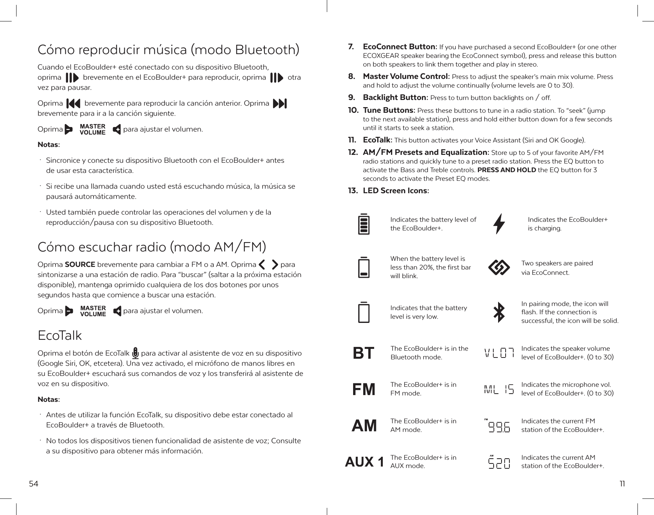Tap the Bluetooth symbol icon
tap(499, 312)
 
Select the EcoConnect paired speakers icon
tap(498, 268)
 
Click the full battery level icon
tap(363, 224)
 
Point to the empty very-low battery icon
tap(363, 312)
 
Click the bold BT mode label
tap(364, 353)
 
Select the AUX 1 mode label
tap(364, 462)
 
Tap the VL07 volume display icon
tap(499, 353)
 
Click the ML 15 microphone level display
tap(499, 389)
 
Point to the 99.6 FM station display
tap(498, 426)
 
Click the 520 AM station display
tap(499, 462)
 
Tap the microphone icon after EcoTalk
tap(135, 353)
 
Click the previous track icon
tap(73, 103)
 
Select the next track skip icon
tap(280, 103)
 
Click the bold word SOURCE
tap(80, 264)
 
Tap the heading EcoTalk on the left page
tap(60, 335)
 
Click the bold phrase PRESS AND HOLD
tap(506, 170)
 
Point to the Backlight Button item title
tap(395, 98)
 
